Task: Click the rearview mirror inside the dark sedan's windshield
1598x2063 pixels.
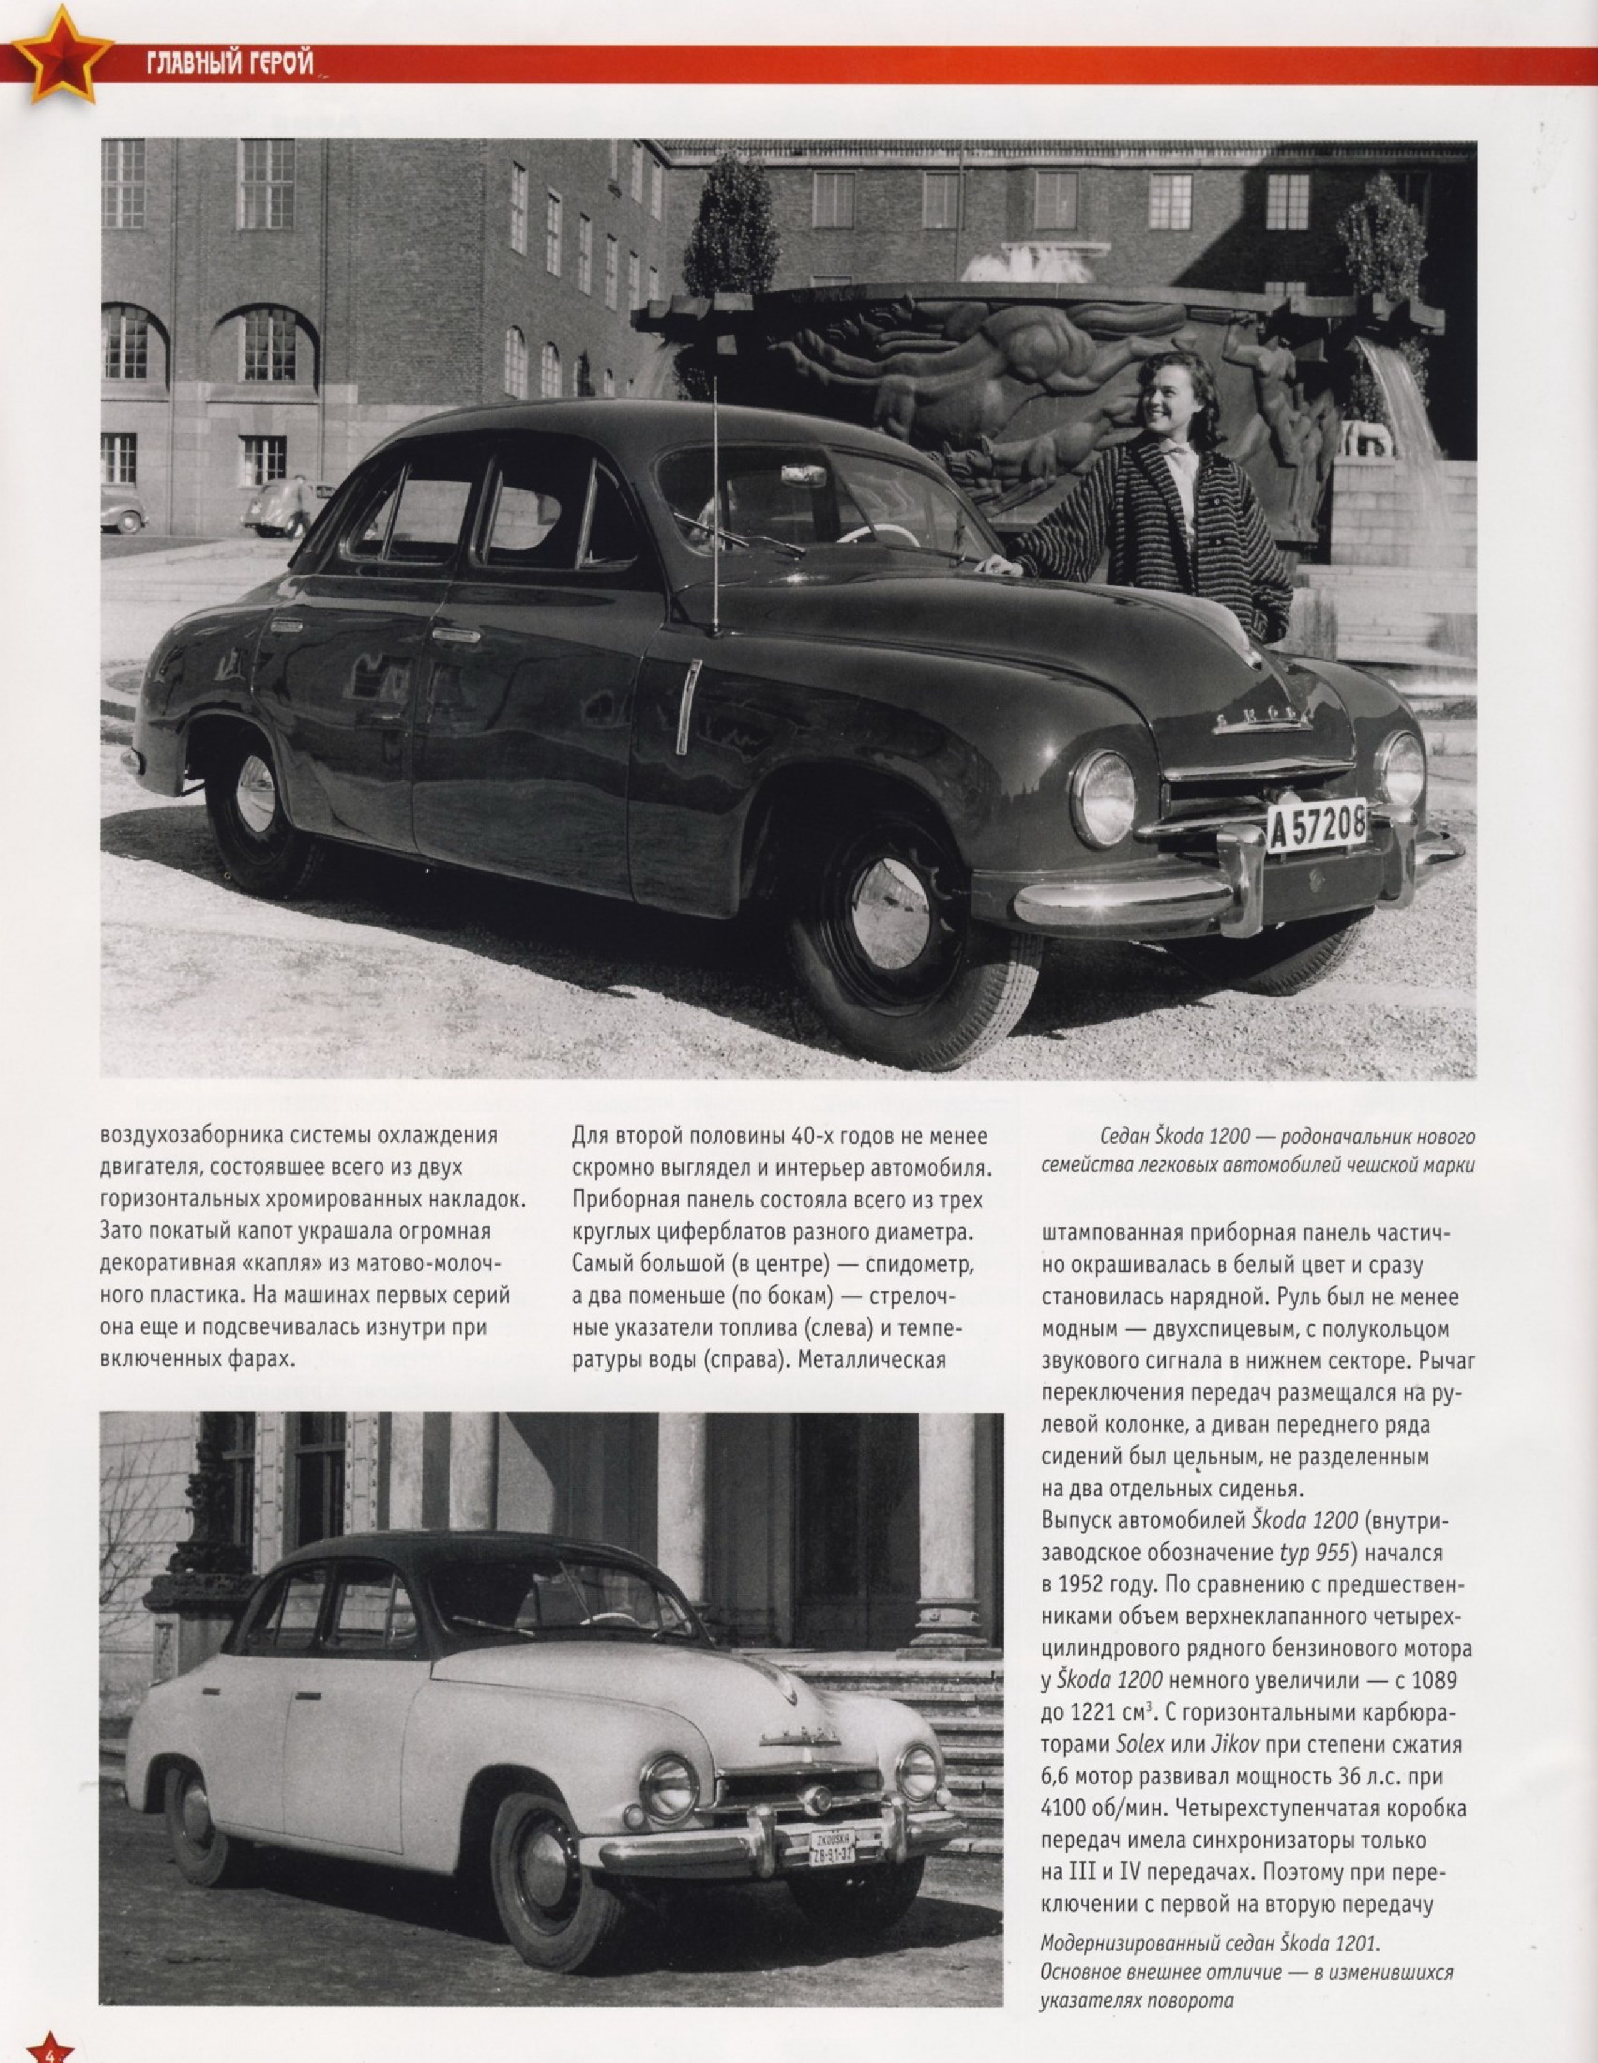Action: tap(801, 471)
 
